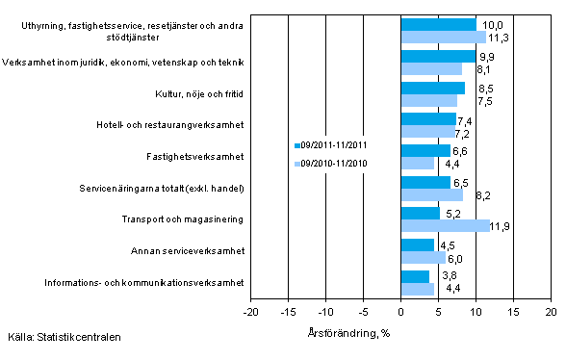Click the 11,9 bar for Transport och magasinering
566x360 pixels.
click(446, 225)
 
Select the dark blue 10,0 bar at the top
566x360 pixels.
click(438, 24)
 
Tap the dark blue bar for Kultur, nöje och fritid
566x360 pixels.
click(432, 88)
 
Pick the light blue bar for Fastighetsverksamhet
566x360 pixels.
click(417, 163)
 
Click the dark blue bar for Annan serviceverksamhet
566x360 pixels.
click(417, 244)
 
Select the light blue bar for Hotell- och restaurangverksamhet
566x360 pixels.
click(427, 131)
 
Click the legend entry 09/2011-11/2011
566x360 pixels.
click(333, 144)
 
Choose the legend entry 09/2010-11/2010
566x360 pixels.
click(333, 163)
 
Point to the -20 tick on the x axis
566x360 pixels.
click(250, 313)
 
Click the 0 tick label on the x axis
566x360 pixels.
click(400, 313)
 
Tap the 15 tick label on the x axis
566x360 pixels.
click(513, 313)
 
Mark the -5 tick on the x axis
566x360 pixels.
click(363, 313)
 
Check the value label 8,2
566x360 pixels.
click(476, 194)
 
